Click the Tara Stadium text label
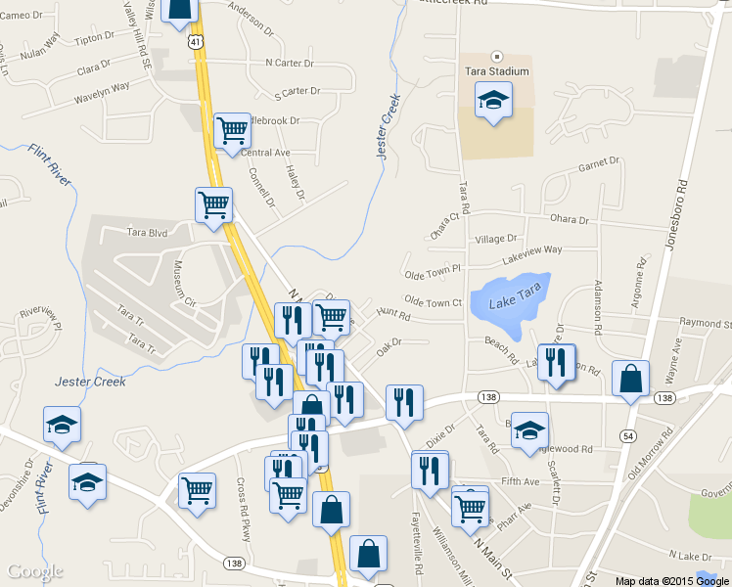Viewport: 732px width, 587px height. point(496,71)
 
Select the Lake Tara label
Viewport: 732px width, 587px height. point(515,302)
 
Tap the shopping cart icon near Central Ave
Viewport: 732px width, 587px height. point(232,129)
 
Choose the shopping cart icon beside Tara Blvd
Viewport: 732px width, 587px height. point(214,204)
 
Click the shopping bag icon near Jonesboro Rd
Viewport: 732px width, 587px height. point(631,378)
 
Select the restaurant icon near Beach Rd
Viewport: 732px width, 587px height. point(556,361)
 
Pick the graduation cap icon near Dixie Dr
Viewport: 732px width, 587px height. point(529,429)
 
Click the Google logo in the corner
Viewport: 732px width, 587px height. point(35,571)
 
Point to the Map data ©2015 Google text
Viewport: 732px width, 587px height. point(671,580)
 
